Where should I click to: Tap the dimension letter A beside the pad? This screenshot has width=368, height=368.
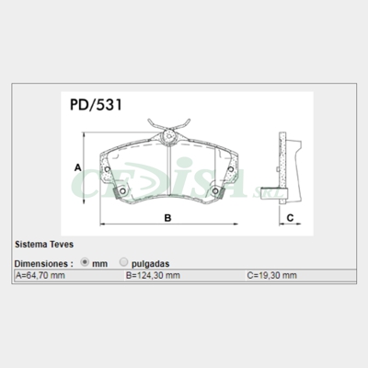78,167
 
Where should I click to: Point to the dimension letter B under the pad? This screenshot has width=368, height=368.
167,218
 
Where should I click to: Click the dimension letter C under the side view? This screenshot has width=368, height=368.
289,218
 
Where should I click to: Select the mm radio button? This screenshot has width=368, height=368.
86,262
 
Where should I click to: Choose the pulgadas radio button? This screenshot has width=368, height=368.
123,262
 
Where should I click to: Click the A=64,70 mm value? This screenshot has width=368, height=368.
41,275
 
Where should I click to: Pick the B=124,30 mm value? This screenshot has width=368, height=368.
153,275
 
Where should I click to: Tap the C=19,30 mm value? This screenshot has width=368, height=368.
271,275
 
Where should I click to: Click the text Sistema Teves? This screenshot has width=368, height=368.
43,247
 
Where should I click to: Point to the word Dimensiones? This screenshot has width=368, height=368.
42,262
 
